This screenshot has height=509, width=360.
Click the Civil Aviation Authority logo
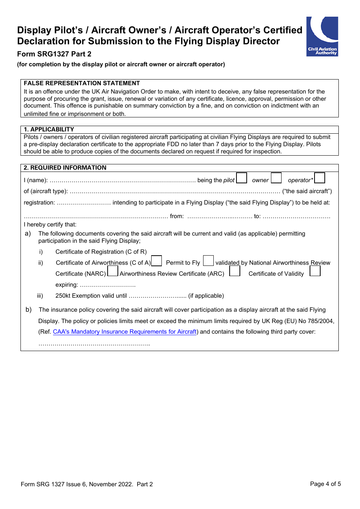(322, 36)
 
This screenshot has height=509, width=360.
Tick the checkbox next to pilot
(242, 178)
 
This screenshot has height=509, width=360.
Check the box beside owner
(276, 178)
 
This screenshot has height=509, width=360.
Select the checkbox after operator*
(320, 178)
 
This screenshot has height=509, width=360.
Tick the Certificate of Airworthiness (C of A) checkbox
(157, 261)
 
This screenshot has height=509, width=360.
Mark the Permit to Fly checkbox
(208, 261)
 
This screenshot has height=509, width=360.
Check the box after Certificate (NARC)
(113, 271)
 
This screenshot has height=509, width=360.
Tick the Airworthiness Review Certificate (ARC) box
(235, 271)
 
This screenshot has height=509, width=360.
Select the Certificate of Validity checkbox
(315, 271)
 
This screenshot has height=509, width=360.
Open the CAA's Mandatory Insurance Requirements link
(125, 332)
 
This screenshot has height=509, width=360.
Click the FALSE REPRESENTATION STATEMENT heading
(82, 83)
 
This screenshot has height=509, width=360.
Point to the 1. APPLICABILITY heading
(49, 130)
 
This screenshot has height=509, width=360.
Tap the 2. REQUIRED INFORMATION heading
(65, 168)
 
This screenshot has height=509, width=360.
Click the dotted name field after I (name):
(122, 181)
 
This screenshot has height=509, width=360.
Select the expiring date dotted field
(108, 285)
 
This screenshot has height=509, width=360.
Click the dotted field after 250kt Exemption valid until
(157, 296)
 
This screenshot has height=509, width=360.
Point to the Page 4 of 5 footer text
(325, 484)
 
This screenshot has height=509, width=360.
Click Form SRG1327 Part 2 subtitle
(54, 54)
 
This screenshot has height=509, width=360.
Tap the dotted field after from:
(220, 217)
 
